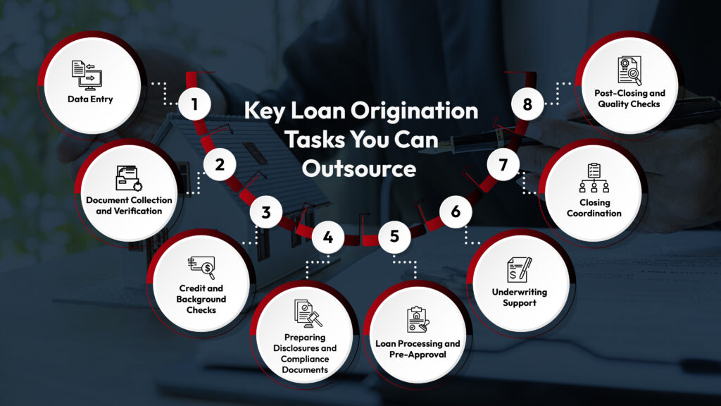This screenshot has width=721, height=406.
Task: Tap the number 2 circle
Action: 220,165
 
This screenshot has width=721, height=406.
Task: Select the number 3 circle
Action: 266,211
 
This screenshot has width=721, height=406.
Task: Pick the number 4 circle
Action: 327,237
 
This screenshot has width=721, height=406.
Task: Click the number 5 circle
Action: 394,237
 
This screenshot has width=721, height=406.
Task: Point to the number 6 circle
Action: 456,211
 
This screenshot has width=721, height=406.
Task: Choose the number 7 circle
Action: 503,165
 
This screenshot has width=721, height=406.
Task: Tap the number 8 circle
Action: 527,106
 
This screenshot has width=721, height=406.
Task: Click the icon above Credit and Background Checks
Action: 201,267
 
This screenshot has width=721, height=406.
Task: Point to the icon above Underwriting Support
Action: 520,268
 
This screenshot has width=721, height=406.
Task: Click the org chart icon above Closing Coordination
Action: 593,178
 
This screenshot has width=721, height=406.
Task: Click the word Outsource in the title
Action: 359,168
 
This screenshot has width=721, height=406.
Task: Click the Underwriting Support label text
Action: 520,297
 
